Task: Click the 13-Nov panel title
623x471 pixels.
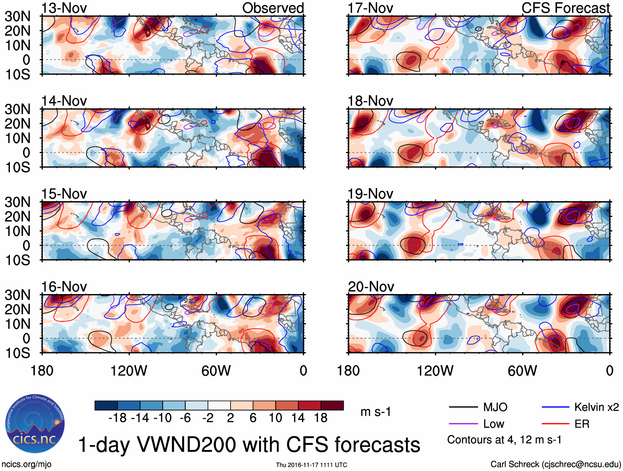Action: point(64,8)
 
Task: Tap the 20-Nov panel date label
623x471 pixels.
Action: point(370,287)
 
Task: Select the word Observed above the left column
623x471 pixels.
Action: point(273,8)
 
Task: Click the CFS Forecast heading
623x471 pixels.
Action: point(565,8)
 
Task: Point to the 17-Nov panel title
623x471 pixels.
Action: point(370,8)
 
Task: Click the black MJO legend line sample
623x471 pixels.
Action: point(463,407)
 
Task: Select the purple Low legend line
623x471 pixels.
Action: point(463,424)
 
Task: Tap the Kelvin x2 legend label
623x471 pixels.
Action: point(596,407)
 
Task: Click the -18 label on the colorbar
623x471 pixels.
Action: point(118,418)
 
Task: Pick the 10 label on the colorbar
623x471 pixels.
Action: point(275,418)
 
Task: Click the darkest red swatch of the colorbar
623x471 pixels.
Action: point(332,405)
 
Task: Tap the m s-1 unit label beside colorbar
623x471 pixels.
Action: point(375,412)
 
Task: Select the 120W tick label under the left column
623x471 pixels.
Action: point(129,371)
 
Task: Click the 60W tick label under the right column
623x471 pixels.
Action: point(522,371)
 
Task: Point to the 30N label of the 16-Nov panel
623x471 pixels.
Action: point(17,295)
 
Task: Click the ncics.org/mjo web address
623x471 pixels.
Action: point(26,464)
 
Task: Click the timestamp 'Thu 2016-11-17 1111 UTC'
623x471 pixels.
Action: point(311,465)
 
